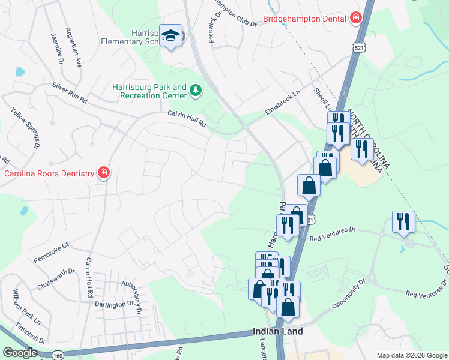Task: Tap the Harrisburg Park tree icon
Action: point(195,91)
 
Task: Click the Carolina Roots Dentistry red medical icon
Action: point(104,173)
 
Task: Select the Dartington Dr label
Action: point(114,304)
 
